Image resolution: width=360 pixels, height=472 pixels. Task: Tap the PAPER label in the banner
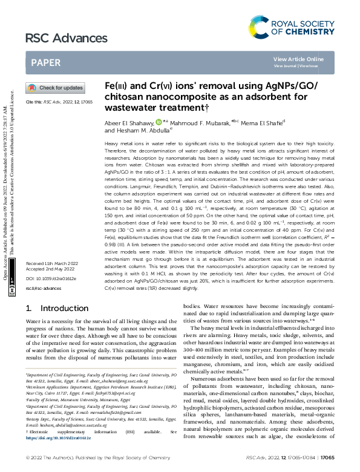(46, 62)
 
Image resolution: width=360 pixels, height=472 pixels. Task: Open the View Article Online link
(298, 59)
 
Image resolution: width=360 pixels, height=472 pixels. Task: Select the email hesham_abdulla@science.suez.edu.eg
(83, 441)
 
